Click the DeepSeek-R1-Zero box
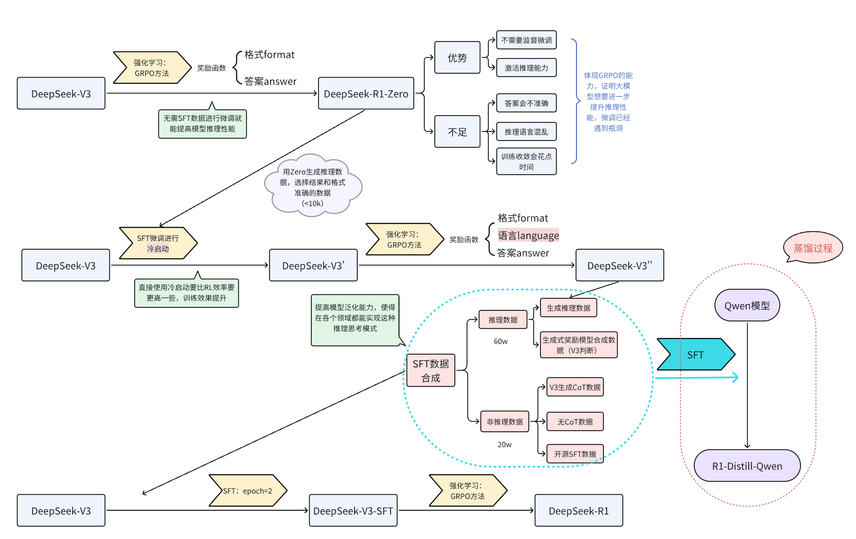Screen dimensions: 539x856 click(366, 93)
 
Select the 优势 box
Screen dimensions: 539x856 click(457, 58)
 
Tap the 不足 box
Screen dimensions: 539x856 click(457, 131)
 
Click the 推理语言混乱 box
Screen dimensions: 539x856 click(526, 131)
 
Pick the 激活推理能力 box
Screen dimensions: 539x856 click(526, 68)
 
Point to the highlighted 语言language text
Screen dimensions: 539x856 click(528, 235)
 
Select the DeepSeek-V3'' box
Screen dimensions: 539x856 click(619, 266)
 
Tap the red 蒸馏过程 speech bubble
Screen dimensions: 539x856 click(813, 248)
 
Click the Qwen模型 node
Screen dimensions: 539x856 click(747, 306)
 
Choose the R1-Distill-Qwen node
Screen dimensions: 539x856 click(747, 466)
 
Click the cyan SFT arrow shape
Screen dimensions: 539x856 click(695, 355)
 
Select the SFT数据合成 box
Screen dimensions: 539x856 click(431, 371)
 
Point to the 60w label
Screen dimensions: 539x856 click(501, 342)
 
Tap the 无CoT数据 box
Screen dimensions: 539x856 click(575, 422)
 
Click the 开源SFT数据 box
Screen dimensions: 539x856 click(575, 454)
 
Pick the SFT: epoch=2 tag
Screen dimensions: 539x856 click(247, 491)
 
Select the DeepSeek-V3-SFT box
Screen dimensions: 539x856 click(353, 510)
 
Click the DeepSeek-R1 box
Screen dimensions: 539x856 click(579, 510)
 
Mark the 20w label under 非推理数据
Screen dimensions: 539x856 click(505, 445)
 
